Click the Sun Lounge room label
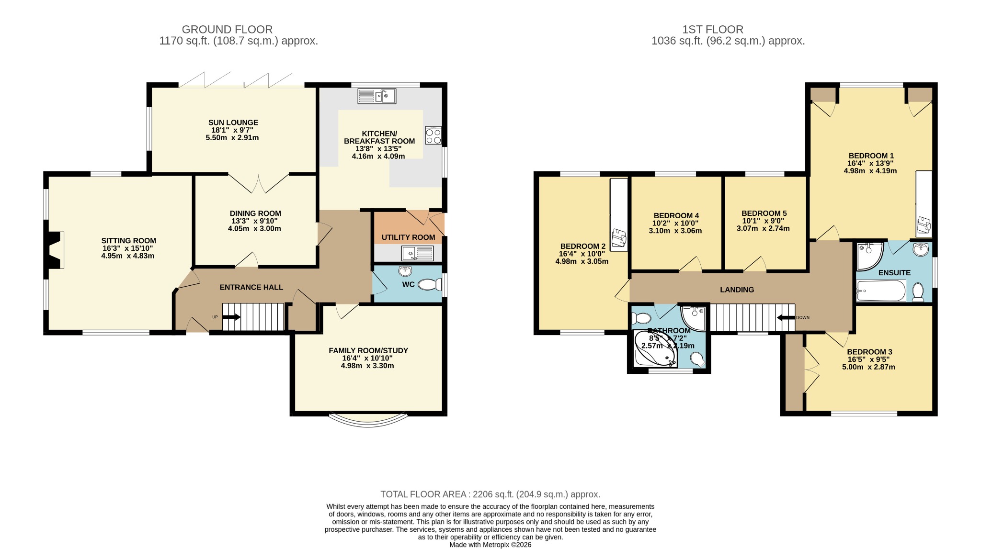point(233,123)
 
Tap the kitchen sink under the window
point(376,96)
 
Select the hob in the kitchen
point(433,135)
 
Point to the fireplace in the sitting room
point(54,250)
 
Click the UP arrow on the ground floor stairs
point(231,317)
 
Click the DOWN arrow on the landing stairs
point(786,317)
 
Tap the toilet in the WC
point(430,285)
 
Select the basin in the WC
point(405,271)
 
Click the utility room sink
point(418,253)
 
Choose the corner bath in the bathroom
point(655,349)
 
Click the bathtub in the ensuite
point(881,291)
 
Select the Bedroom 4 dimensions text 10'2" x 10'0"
point(675,223)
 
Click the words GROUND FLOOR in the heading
point(227,30)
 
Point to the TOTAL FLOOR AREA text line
point(490,494)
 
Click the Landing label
point(737,290)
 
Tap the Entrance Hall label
point(251,287)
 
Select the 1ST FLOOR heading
point(713,30)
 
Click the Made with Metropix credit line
point(490,545)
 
